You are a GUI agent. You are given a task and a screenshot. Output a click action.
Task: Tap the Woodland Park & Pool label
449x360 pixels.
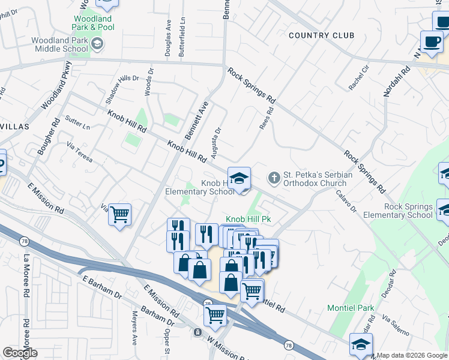coord(92,23)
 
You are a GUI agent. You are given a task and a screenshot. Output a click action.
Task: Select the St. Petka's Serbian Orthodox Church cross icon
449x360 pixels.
coord(274,178)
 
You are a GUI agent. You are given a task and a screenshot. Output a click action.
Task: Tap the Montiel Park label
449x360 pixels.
coord(351,308)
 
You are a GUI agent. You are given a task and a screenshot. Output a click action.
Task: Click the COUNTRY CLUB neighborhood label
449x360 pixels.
coord(321,35)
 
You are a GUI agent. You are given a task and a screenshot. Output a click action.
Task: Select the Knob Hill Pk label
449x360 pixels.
coord(249,220)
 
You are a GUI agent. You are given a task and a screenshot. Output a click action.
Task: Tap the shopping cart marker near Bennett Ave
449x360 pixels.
coord(120,214)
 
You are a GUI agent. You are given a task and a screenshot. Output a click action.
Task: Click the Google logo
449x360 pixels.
coord(20,353)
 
